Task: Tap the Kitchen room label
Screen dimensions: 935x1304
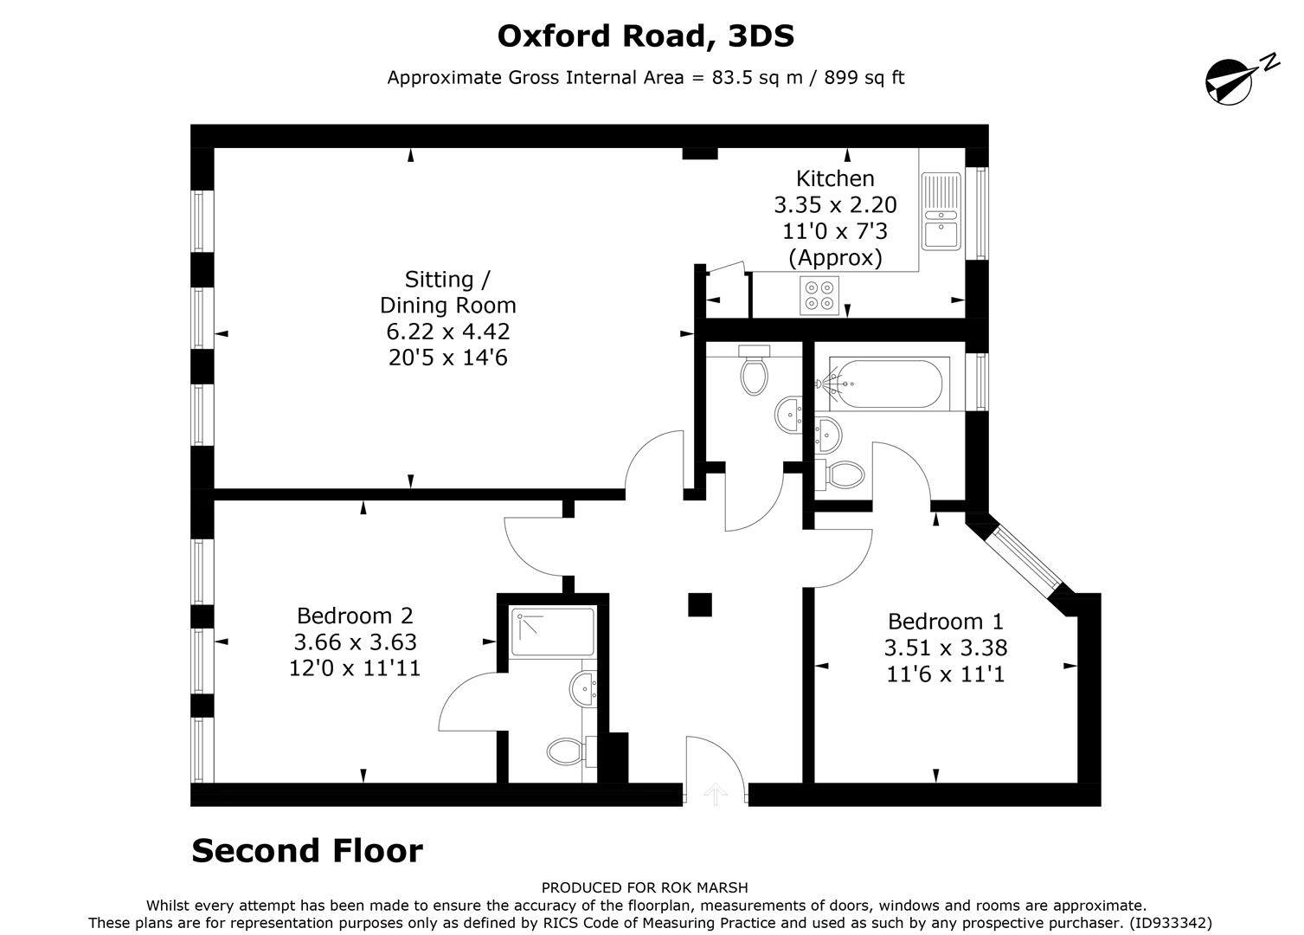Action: pos(835,179)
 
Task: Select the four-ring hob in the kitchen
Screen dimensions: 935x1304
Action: pos(819,294)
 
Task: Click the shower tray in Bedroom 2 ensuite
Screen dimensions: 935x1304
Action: pos(553,632)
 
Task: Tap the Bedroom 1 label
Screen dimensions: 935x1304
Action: pos(945,622)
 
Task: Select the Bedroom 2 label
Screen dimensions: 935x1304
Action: pos(355,616)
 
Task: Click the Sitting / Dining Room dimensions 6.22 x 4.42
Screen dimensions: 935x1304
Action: pos(447,332)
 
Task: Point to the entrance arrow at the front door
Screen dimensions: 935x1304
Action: pos(715,793)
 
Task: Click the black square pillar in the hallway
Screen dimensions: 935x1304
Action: pos(699,604)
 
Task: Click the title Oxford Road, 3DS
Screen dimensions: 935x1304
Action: pos(646,36)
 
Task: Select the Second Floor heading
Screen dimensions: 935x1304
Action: pos(307,851)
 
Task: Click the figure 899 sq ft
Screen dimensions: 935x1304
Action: pos(864,77)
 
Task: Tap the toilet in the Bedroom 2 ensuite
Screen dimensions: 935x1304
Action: pos(568,751)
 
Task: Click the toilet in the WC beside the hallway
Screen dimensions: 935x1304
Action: pos(755,374)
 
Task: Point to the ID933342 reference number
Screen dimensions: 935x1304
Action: pos(1171,923)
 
